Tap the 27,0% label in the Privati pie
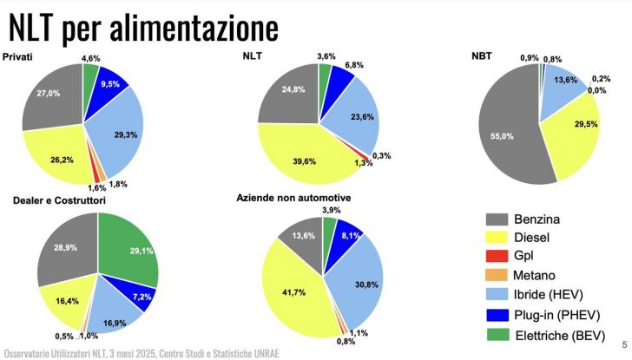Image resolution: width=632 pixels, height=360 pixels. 49,92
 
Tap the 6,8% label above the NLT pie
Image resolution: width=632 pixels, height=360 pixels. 353,64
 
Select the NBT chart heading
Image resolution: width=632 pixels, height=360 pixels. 481,56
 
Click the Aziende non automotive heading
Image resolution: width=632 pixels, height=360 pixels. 293,199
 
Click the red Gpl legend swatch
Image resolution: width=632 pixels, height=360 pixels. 500,255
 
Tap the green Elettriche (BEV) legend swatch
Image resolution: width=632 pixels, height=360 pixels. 500,334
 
